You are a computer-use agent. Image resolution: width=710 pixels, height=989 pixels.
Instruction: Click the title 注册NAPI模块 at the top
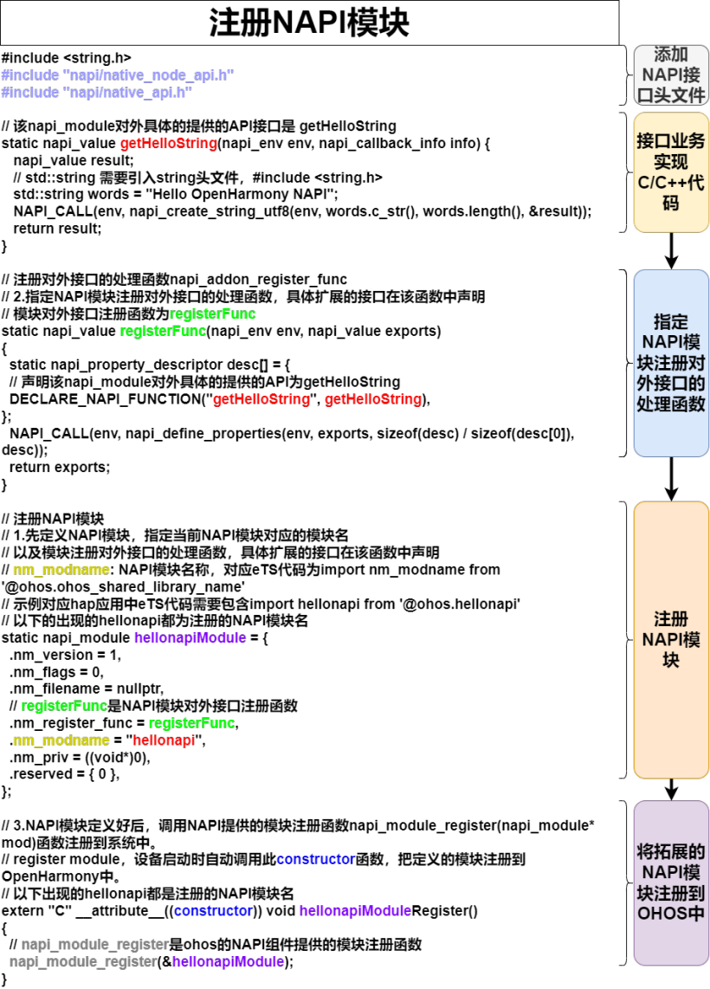309,23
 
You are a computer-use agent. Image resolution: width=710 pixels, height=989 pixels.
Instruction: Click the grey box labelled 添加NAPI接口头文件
671,74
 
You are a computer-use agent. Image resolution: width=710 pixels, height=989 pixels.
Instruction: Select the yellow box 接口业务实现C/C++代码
671,172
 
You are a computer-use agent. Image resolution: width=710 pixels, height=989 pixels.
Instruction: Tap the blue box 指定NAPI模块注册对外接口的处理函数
671,363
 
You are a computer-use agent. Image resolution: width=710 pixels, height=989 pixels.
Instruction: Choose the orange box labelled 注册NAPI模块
671,640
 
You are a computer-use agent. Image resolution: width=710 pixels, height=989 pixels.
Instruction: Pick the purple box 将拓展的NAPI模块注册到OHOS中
671,882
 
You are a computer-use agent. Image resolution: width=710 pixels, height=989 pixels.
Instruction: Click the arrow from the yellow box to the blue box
671,251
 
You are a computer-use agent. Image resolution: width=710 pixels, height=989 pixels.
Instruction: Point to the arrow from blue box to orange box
671,480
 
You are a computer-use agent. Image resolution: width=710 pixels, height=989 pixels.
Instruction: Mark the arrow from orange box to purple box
671,790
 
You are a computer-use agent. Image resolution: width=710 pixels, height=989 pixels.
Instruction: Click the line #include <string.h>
66,58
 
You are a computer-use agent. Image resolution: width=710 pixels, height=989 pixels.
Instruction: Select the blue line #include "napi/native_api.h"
96,92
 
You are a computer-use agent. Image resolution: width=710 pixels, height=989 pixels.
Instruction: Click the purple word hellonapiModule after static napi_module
190,637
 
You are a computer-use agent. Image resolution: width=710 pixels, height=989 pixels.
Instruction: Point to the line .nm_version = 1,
65,655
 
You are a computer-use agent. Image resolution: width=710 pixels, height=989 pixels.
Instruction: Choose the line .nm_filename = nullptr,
87,688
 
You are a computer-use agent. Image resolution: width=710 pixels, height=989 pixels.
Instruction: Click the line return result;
57,229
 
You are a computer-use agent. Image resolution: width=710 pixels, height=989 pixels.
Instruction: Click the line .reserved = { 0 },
64,774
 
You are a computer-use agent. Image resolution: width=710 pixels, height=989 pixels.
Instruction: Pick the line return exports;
59,468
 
